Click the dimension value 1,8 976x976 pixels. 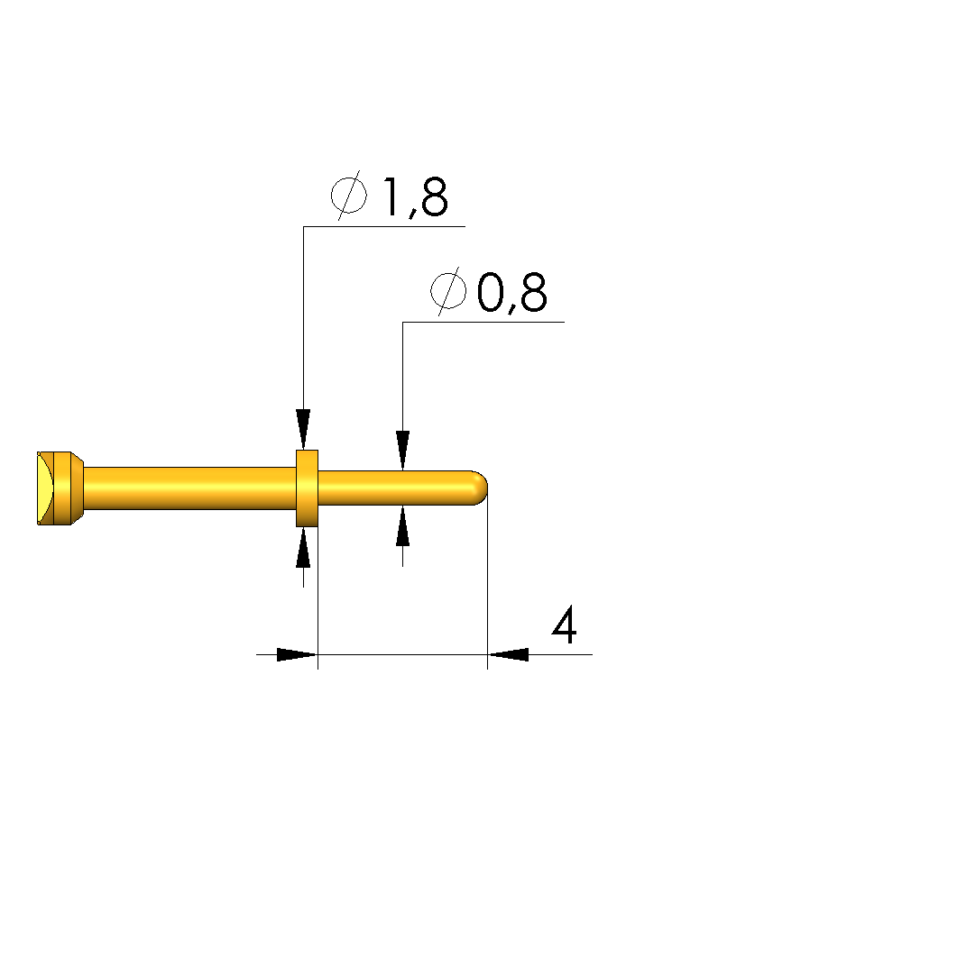tap(415, 197)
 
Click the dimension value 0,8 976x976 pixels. tap(512, 293)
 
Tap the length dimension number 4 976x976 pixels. tap(565, 625)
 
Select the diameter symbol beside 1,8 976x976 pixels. tap(349, 195)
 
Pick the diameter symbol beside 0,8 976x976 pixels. tap(448, 291)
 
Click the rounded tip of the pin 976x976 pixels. tap(481, 488)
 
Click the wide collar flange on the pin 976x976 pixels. tap(307, 488)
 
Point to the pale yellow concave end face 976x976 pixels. tap(45, 488)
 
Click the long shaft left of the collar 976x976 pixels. tap(189, 488)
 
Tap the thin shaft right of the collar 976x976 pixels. tap(399, 488)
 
